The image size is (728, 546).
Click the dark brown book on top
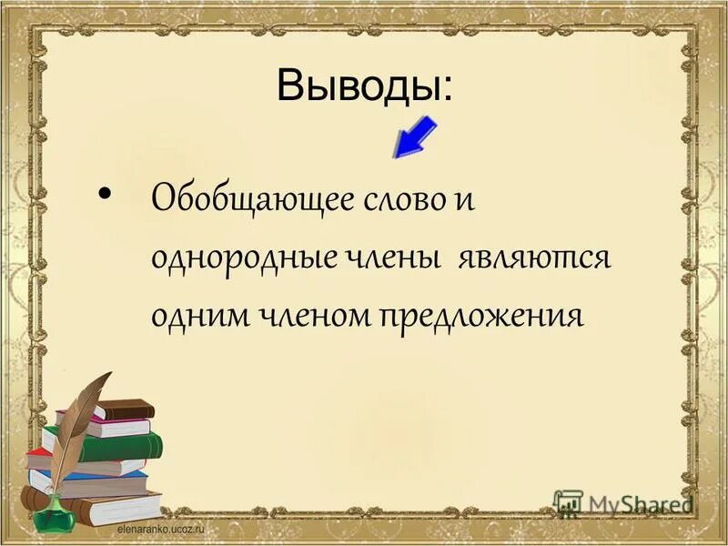[x=123, y=409]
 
